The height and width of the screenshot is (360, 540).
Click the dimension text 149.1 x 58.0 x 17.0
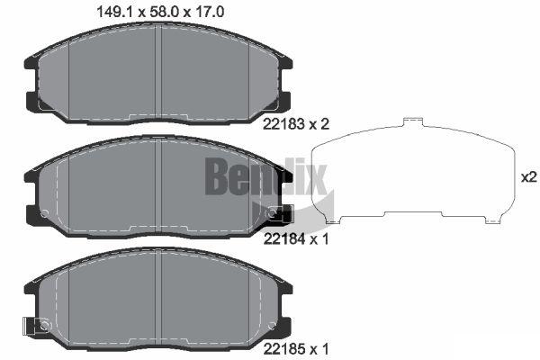[160, 12]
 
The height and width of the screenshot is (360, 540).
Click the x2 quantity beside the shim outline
[529, 177]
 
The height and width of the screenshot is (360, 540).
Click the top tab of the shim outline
[413, 121]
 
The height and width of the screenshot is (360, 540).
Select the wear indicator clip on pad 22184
[280, 213]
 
